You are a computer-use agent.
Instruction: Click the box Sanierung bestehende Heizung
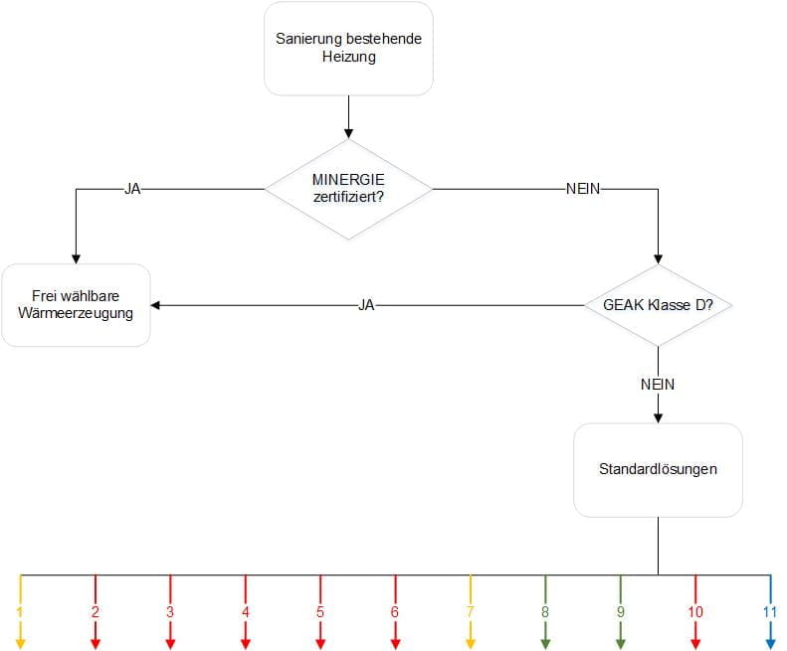348,48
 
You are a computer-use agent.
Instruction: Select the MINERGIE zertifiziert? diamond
348,189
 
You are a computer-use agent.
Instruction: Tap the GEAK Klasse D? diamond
657,305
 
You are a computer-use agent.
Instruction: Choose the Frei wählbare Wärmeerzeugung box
76,305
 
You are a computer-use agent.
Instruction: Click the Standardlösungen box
657,469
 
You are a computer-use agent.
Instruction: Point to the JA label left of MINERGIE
132,189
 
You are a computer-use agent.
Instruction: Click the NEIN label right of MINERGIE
582,189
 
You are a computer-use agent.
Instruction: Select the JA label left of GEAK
366,305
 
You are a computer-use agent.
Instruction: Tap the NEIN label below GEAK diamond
657,383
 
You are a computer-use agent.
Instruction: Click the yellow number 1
19,612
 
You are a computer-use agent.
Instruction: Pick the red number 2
96,612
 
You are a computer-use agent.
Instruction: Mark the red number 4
245,612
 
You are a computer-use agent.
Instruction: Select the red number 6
395,612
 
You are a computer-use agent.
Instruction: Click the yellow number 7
470,612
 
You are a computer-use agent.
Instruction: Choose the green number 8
545,612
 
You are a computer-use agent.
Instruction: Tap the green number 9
620,612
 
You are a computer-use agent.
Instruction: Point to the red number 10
694,612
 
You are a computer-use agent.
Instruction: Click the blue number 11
770,612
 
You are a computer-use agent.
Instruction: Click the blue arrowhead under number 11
770,644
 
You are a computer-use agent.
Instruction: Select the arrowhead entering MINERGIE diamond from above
348,132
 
